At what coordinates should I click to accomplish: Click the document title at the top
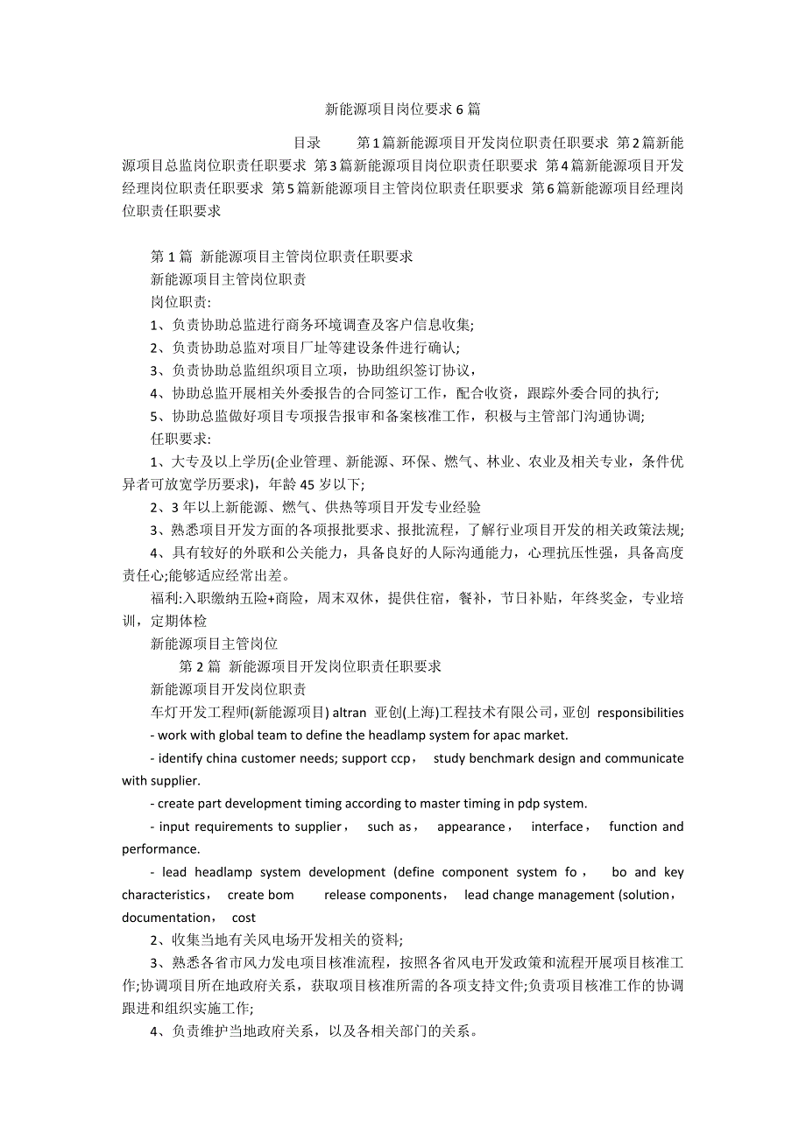(402, 109)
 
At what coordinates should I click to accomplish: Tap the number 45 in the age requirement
(308, 484)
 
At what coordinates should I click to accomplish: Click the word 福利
(164, 598)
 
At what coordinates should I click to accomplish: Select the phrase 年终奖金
(600, 598)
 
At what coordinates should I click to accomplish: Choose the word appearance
(471, 827)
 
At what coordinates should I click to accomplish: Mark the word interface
(557, 827)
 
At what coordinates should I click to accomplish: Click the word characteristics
(165, 895)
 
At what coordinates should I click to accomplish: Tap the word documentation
(166, 918)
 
